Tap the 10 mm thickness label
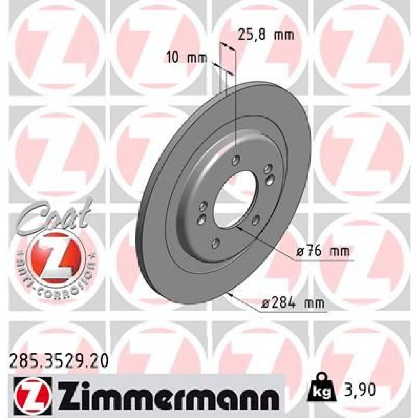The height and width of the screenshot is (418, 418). (x=187, y=58)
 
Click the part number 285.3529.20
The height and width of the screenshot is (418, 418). (x=58, y=358)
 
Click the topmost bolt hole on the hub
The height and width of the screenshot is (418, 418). (x=236, y=159)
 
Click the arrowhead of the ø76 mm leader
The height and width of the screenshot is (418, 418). (x=239, y=228)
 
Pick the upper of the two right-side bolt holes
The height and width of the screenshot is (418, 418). (x=268, y=170)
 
